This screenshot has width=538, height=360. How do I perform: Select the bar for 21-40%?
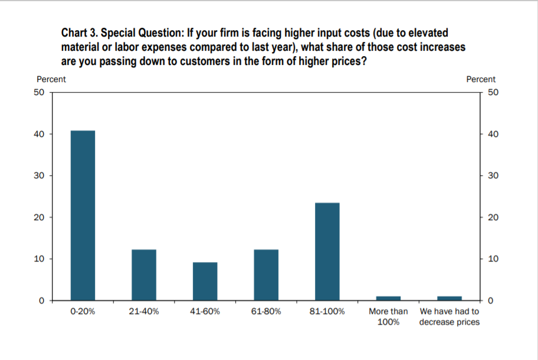(x=144, y=275)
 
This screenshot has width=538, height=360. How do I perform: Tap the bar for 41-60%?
(x=205, y=282)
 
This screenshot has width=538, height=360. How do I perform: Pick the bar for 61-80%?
(x=266, y=275)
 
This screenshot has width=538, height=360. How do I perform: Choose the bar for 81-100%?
(x=327, y=251)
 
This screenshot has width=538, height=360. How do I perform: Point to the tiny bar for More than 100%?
(x=388, y=298)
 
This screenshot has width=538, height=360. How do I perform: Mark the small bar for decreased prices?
(x=450, y=298)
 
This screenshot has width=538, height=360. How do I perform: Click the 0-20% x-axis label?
(x=83, y=312)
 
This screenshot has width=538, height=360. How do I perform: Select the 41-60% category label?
(x=205, y=312)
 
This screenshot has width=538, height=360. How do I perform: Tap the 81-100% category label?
(x=327, y=312)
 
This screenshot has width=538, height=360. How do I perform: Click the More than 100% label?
(x=388, y=316)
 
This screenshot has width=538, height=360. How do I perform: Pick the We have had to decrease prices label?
(x=450, y=316)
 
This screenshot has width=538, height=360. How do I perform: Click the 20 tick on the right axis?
(x=495, y=217)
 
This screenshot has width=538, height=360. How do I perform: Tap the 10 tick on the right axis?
(x=495, y=259)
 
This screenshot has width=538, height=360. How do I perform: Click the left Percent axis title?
(x=51, y=79)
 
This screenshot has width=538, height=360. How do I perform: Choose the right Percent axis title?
(x=481, y=79)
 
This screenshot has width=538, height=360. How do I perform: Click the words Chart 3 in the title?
(x=79, y=33)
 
